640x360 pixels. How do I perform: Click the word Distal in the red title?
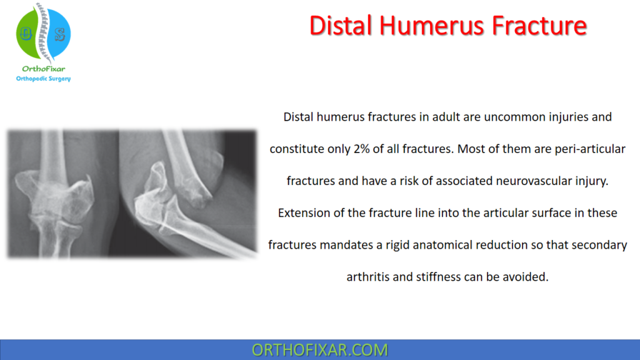pos(342,26)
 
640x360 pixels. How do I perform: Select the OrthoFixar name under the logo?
pos(43,69)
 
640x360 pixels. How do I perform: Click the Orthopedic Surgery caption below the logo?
pos(43,79)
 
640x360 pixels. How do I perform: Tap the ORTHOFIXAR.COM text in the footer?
pos(319,349)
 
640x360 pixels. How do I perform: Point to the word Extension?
pos(304,213)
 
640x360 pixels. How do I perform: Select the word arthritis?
pos(367,277)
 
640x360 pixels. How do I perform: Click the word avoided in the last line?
pos(527,277)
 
